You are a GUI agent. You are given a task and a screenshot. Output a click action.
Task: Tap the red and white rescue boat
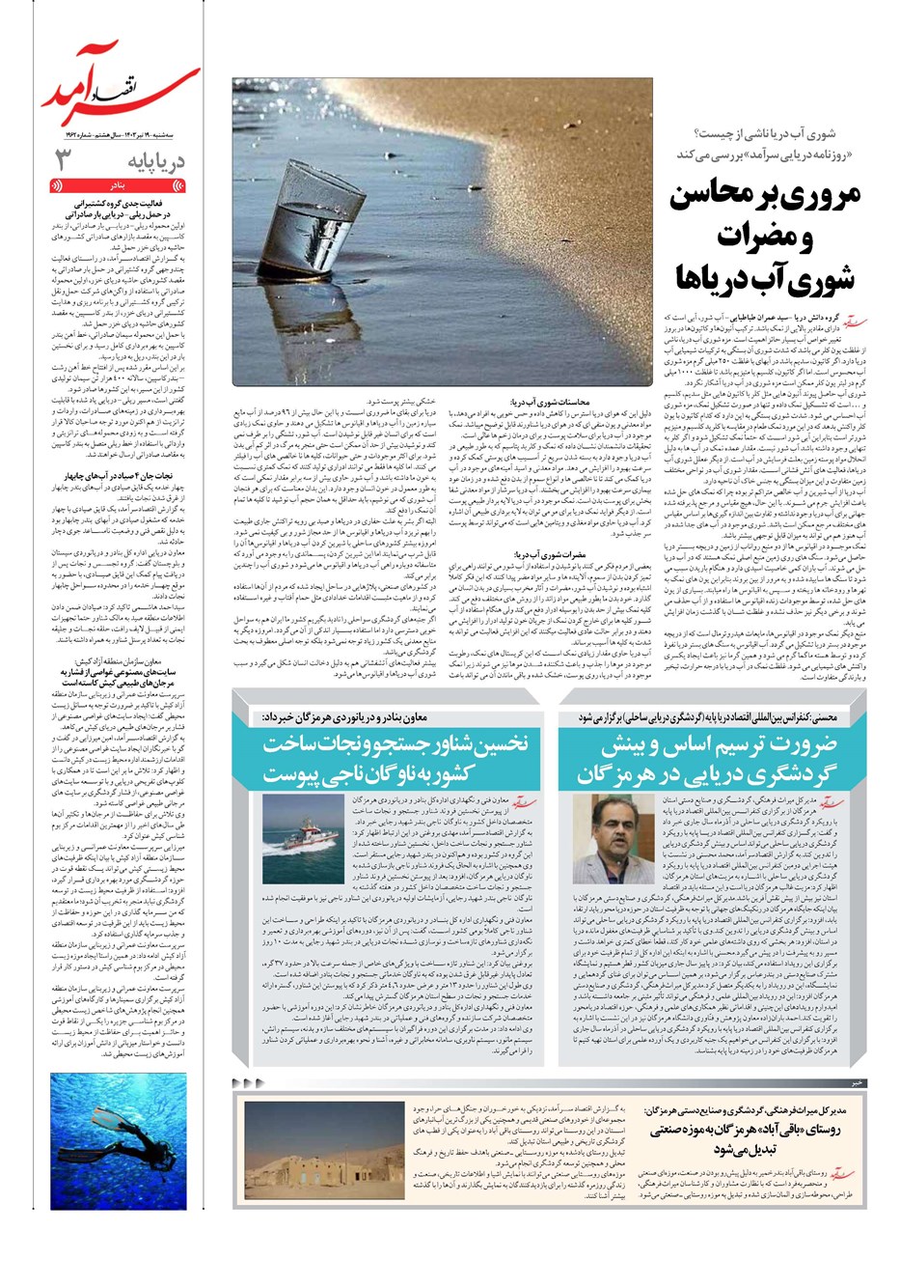[300, 834]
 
